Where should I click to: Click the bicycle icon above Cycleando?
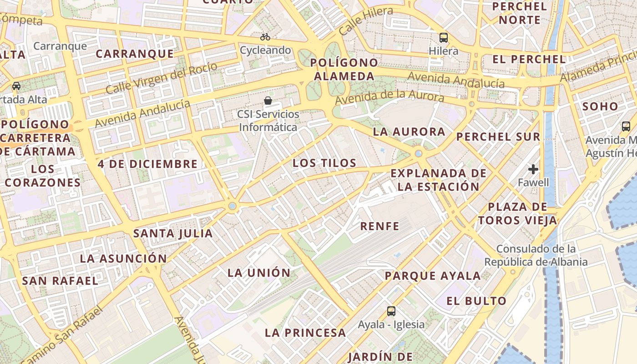point(265,37)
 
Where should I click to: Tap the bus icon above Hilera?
point(444,38)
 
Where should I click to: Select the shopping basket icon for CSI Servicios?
point(268,101)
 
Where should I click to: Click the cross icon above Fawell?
point(533,170)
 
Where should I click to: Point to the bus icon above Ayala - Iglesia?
point(391,311)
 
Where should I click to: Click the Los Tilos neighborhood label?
point(324,163)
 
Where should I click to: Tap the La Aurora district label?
point(409,132)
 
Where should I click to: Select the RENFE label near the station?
point(379,226)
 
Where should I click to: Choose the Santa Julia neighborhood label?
point(173,234)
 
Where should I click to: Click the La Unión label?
point(259,273)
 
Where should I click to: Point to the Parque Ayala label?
point(433,276)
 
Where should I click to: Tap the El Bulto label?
point(476,301)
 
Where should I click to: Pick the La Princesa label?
point(305,333)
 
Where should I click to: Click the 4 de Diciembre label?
point(148,164)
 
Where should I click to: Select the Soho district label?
point(601,107)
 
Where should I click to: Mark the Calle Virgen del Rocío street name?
point(162,78)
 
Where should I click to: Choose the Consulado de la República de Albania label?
point(536,255)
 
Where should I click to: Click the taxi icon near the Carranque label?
point(16,86)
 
